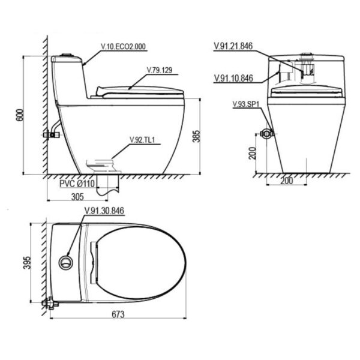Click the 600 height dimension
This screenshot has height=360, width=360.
pyautogui.click(x=20, y=115)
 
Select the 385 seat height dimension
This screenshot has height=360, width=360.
pyautogui.click(x=196, y=136)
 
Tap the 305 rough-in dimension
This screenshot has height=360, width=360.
pyautogui.click(x=77, y=197)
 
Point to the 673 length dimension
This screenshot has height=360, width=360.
pyautogui.click(x=118, y=314)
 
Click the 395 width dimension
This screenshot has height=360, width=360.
pyautogui.click(x=27, y=263)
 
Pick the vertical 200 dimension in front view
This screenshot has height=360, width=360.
pyautogui.click(x=253, y=153)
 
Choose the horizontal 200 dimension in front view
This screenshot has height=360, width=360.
pyautogui.click(x=287, y=181)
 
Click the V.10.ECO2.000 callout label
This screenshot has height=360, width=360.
pyautogui.click(x=123, y=47)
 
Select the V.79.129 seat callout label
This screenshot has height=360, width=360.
pyautogui.click(x=160, y=70)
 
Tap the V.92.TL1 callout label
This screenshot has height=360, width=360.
pyautogui.click(x=142, y=140)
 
